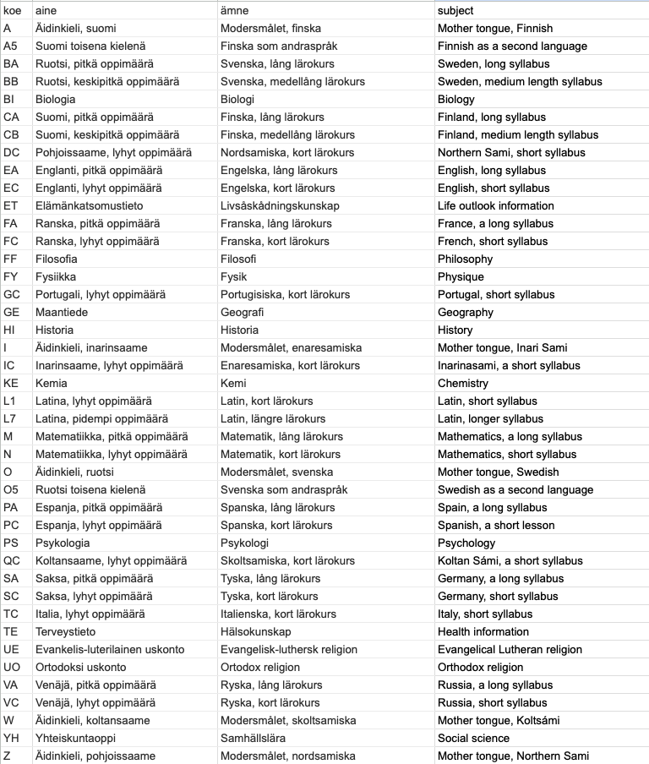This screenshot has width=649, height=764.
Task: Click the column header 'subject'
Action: point(455,10)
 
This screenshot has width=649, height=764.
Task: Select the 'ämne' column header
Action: point(234,10)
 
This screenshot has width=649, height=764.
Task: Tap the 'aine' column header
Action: point(46,10)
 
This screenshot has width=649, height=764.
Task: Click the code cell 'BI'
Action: point(9,99)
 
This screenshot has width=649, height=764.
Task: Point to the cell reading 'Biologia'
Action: point(55,99)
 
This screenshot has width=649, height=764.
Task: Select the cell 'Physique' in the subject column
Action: point(461,276)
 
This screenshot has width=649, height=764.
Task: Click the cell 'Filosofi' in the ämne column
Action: point(238,259)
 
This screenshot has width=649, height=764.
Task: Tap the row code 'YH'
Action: point(11,738)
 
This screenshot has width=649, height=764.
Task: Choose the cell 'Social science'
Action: point(472,738)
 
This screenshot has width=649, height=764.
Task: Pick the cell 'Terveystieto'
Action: point(65,631)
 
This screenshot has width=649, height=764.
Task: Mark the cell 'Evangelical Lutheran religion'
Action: point(510,649)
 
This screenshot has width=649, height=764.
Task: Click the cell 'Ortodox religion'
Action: point(260,667)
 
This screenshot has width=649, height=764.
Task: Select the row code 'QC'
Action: point(12,560)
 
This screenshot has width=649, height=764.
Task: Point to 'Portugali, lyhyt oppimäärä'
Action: point(101,294)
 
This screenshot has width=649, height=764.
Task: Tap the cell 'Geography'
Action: point(465,312)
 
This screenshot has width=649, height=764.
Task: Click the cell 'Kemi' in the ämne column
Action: point(233,383)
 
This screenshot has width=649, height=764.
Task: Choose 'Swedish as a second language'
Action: point(515,489)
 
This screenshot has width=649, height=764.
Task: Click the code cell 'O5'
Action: point(11,489)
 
